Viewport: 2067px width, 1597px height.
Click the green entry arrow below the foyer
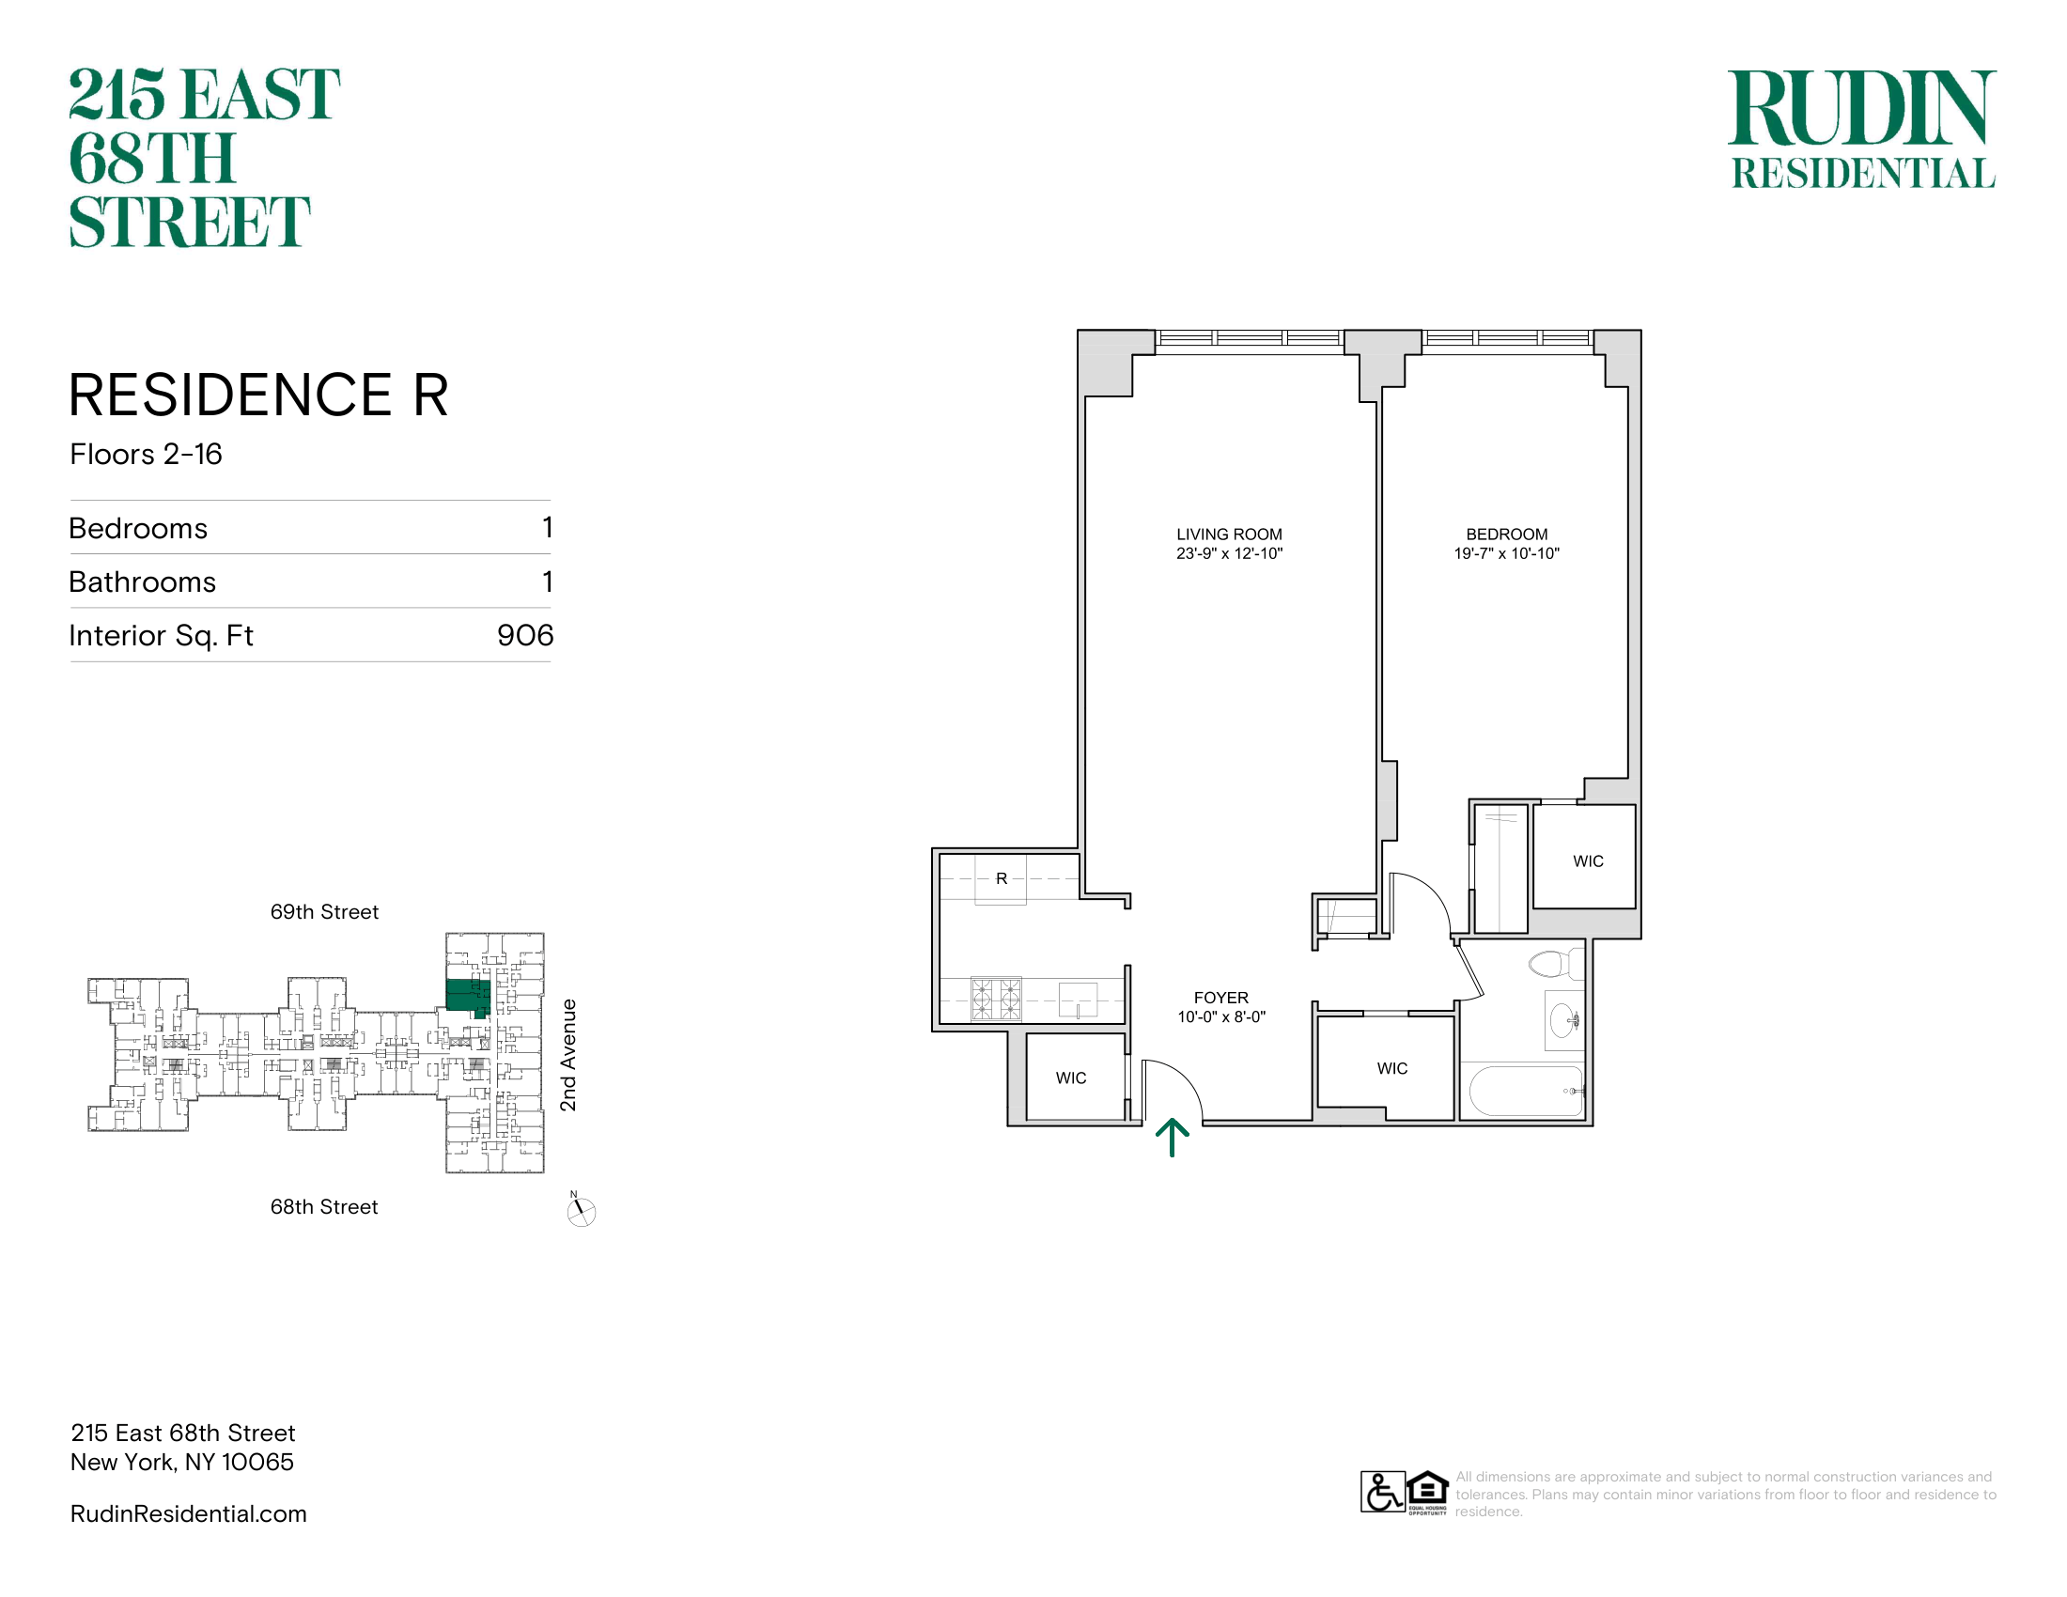(1172, 1138)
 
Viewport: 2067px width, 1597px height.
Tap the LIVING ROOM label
(1230, 535)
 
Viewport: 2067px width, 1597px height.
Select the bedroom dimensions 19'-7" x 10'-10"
(1507, 553)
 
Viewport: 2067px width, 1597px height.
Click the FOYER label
(1220, 997)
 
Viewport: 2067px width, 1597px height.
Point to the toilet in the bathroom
(1552, 964)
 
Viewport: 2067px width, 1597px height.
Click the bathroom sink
(1563, 1020)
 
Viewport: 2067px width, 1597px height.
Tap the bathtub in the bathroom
(1526, 1091)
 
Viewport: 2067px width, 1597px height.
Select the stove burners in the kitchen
(996, 1000)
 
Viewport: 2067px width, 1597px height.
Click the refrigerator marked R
(1002, 879)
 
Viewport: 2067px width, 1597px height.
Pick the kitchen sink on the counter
(1078, 1000)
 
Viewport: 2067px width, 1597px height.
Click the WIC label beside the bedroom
(1588, 861)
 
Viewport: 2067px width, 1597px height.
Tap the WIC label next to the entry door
(1071, 1078)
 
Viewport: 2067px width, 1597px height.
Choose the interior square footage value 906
(525, 635)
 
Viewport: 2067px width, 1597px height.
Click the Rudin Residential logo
(1862, 130)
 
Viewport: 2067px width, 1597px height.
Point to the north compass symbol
(581, 1210)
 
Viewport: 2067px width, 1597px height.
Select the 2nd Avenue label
(567, 1055)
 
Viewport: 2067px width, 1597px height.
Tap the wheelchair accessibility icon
(1383, 1492)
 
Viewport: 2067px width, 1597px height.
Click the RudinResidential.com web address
(188, 1513)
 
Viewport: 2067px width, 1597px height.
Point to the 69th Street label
(325, 912)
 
